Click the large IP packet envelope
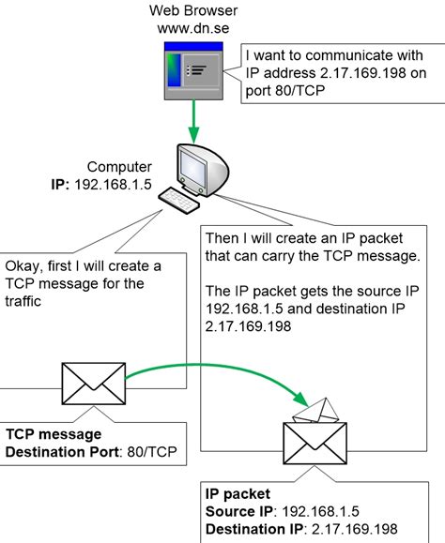[x=315, y=449]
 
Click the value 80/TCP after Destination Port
[x=157, y=453]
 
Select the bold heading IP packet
[x=238, y=492]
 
